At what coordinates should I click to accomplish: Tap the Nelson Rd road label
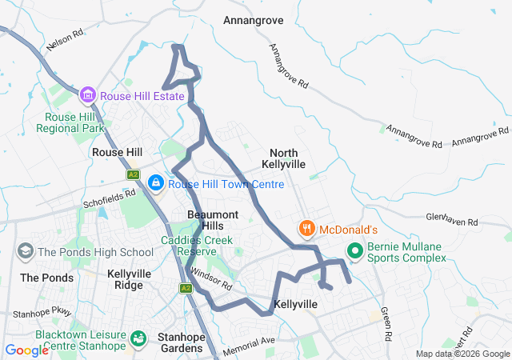click(x=66, y=42)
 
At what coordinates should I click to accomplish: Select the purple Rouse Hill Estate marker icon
click(x=88, y=96)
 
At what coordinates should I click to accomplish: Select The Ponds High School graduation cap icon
click(x=26, y=252)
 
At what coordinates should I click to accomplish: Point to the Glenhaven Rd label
click(x=451, y=219)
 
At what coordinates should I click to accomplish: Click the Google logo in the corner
click(x=26, y=350)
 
